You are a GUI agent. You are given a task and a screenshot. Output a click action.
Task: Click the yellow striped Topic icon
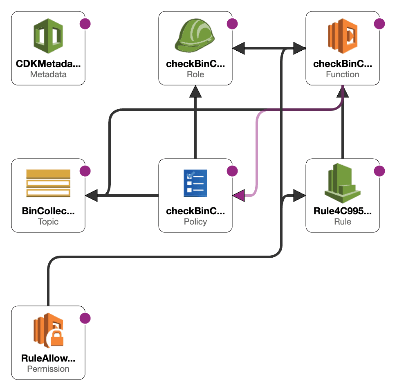pyautogui.click(x=48, y=184)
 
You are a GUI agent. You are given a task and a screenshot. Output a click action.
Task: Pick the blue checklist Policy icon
pyautogui.click(x=195, y=184)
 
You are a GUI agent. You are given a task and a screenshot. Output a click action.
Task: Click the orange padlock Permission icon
pyautogui.click(x=48, y=330)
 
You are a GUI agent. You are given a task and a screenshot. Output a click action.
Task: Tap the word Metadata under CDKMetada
pyautogui.click(x=48, y=74)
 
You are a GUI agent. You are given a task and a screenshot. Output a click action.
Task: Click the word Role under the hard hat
pyautogui.click(x=195, y=74)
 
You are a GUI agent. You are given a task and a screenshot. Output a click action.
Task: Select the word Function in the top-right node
pyautogui.click(x=342, y=74)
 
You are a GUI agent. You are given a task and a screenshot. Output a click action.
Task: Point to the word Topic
pyautogui.click(x=48, y=222)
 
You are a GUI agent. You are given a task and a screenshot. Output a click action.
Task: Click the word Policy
pyautogui.click(x=195, y=222)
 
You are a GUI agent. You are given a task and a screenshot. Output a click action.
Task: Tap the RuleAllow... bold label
pyautogui.click(x=48, y=358)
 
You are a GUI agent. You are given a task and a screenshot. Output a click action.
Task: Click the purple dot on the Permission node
pyautogui.click(x=85, y=318)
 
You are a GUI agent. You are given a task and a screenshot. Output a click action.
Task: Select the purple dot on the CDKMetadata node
pyautogui.click(x=85, y=24)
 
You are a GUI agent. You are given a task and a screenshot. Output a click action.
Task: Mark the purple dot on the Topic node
pyautogui.click(x=85, y=171)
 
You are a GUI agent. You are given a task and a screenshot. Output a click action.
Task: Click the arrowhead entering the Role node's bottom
pyautogui.click(x=195, y=92)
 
